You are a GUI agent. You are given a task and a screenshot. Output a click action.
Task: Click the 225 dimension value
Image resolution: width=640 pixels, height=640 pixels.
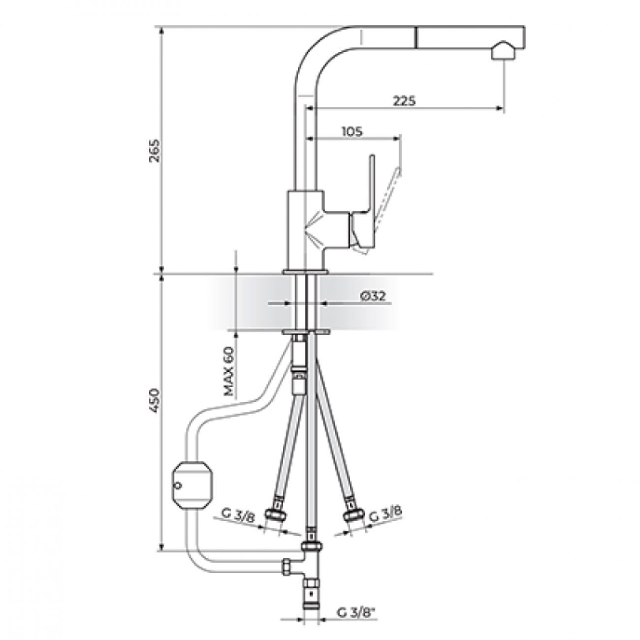coord(404,100)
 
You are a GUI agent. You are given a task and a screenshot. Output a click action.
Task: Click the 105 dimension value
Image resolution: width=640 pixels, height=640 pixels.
coord(352,131)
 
